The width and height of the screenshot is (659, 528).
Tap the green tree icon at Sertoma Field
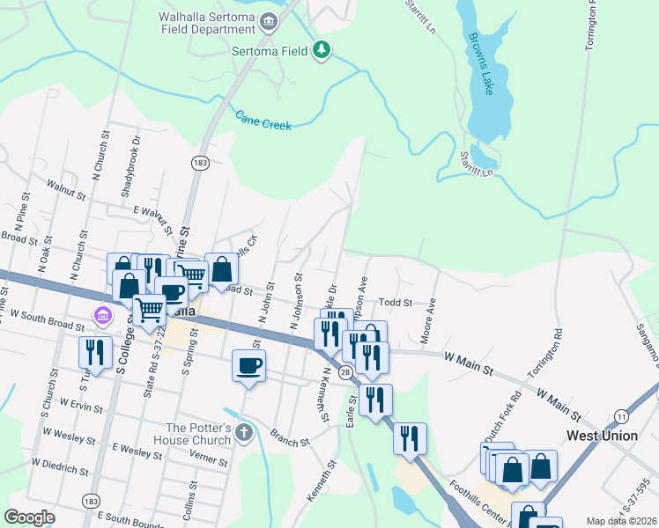coord(322,51)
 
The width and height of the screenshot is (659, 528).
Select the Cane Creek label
coord(263,120)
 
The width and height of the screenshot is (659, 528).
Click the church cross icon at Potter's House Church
coord(244,432)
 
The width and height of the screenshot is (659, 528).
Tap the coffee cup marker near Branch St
coord(249,365)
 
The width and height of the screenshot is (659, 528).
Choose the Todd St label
coord(396,303)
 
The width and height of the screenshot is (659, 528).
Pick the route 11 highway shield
coord(621,415)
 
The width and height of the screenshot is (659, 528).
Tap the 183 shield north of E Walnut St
coord(200,163)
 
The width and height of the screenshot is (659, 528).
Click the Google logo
coord(29,517)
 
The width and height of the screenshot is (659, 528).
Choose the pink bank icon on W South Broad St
coord(103,314)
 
